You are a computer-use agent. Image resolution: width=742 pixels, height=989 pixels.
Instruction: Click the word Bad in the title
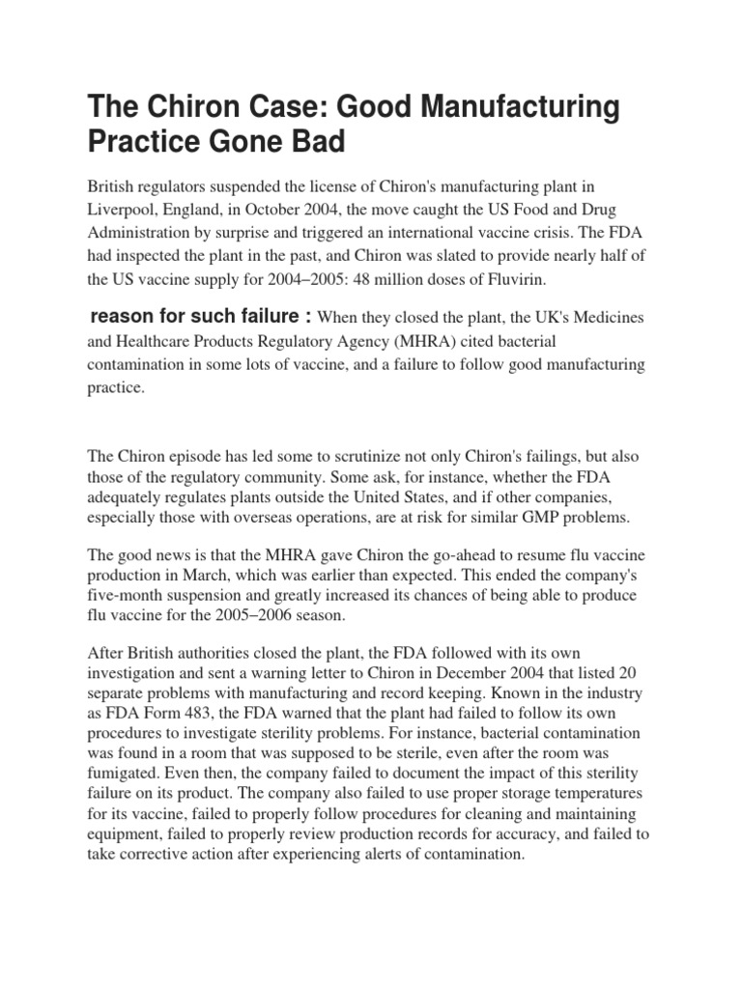coord(312,141)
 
